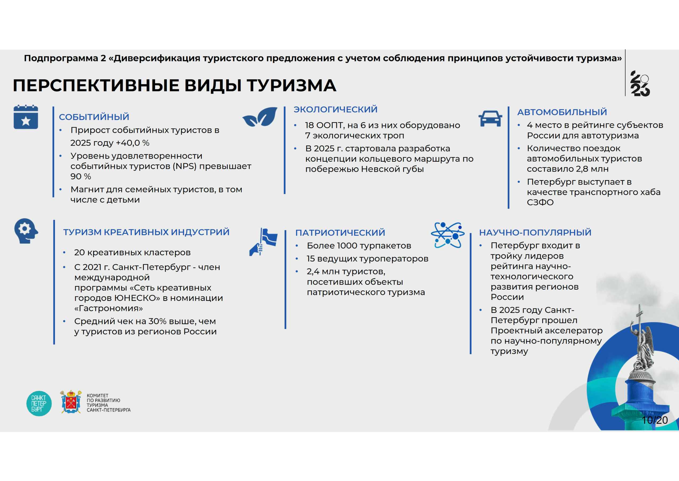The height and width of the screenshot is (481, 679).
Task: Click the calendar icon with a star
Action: coord(26,117)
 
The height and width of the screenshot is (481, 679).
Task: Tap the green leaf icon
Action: coord(260,117)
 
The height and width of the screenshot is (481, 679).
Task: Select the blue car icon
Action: coord(490,118)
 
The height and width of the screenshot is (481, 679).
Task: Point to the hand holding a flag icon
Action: coord(264,242)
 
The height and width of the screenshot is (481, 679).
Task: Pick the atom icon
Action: coord(447,235)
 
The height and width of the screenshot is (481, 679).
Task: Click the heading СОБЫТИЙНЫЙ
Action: coord(94,117)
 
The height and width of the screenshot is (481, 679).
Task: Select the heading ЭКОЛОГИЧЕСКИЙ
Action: coord(335,109)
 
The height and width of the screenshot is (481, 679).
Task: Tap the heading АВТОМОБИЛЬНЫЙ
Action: coord(562,112)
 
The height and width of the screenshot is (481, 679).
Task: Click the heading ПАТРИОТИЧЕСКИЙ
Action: coord(340,232)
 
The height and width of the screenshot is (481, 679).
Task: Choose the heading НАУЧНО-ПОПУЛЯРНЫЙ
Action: coord(535,232)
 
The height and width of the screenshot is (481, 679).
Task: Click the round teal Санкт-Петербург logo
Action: coord(39,404)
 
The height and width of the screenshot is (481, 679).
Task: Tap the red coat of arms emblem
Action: coord(71,402)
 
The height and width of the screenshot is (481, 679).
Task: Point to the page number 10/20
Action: coord(655,420)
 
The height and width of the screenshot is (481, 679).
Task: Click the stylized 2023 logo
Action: coord(640,84)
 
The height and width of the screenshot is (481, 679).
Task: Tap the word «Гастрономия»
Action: coord(109,308)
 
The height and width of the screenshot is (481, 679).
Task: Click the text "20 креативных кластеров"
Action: coord(133,252)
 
